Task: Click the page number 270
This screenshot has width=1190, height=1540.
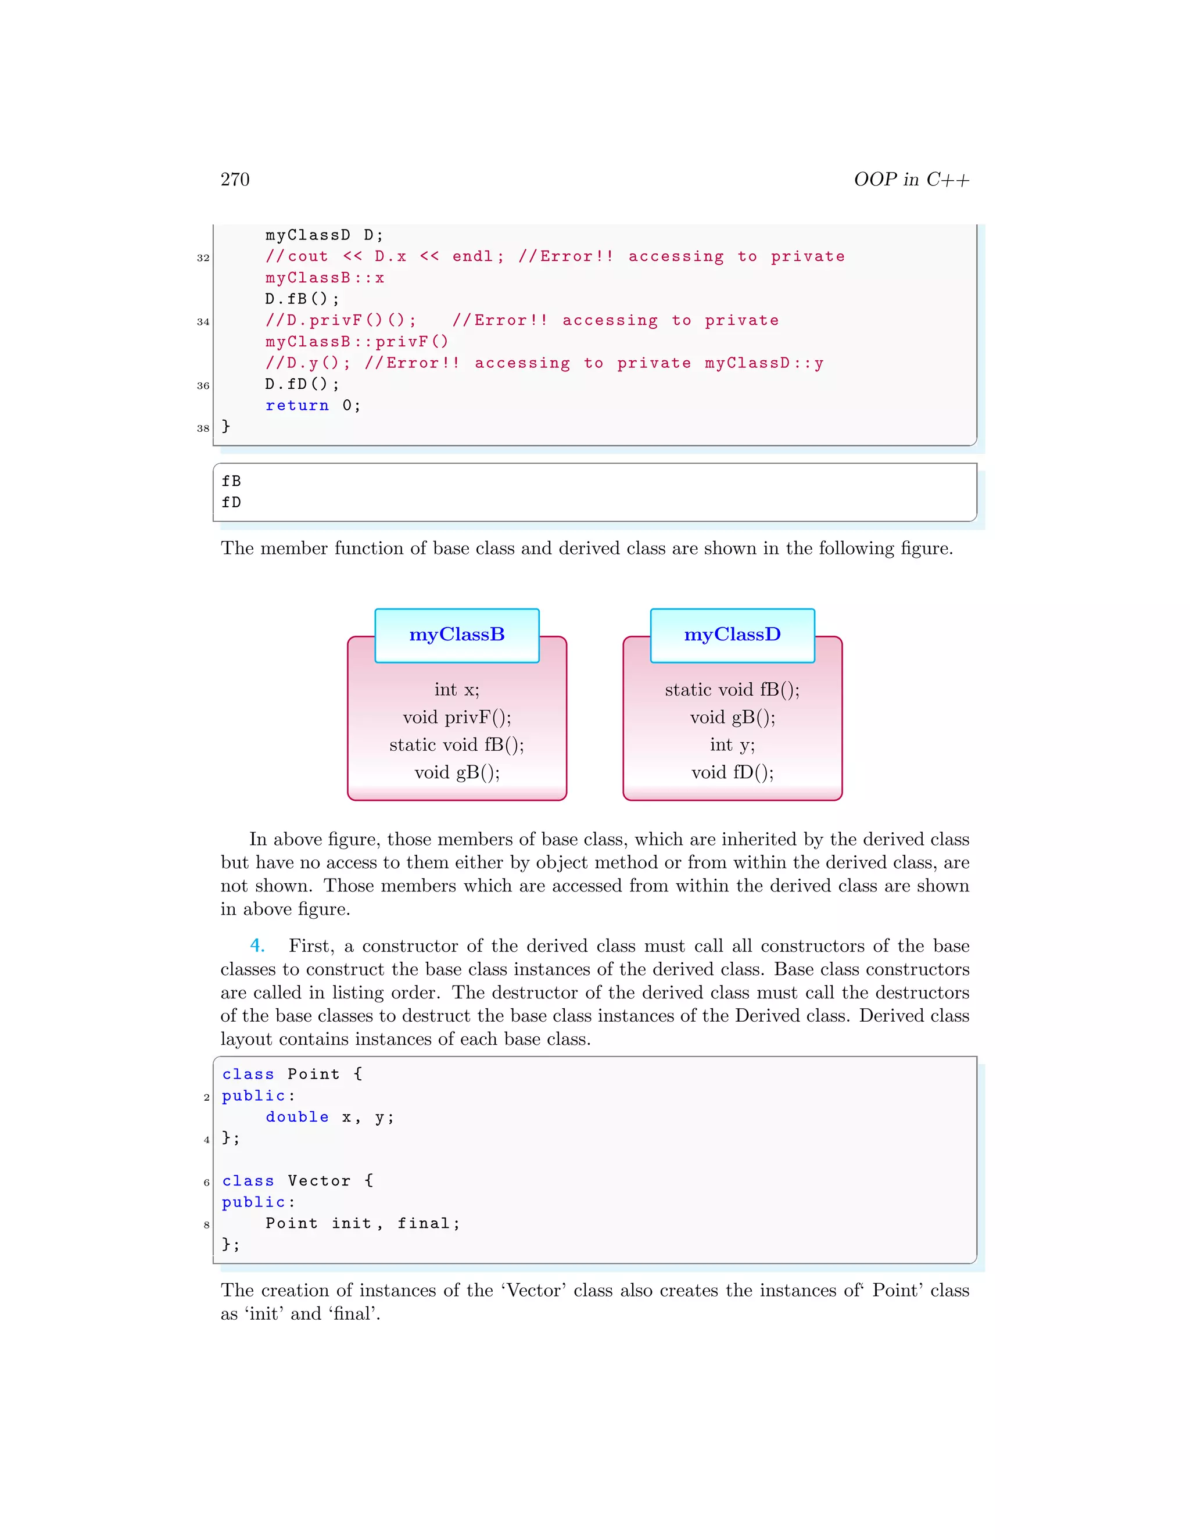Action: [x=235, y=179]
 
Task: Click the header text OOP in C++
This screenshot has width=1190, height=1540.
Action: [x=911, y=179]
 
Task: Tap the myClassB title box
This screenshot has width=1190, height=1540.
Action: [x=457, y=635]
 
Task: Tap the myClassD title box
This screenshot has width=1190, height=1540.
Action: [x=733, y=635]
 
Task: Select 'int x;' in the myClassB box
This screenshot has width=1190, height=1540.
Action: [x=457, y=690]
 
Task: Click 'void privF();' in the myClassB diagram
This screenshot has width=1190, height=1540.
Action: [x=457, y=717]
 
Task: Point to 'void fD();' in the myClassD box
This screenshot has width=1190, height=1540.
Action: [x=733, y=772]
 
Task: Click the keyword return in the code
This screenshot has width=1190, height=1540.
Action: [x=297, y=406]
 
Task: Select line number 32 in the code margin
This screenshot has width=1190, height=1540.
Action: [x=203, y=258]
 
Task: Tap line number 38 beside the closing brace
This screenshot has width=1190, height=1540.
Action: [x=203, y=428]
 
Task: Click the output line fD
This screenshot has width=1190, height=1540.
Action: [x=231, y=503]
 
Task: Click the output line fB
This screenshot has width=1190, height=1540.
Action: [x=231, y=481]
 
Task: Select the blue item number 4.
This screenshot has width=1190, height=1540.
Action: [x=257, y=946]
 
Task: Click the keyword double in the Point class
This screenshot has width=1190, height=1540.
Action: [x=297, y=1117]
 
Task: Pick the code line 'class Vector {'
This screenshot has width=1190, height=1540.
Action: [x=297, y=1180]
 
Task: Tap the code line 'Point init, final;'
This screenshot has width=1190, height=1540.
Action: [x=363, y=1223]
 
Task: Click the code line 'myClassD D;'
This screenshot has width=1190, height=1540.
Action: [x=324, y=235]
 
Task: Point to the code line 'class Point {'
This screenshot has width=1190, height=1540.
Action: [x=292, y=1074]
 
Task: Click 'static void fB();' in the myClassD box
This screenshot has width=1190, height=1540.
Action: [x=733, y=690]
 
